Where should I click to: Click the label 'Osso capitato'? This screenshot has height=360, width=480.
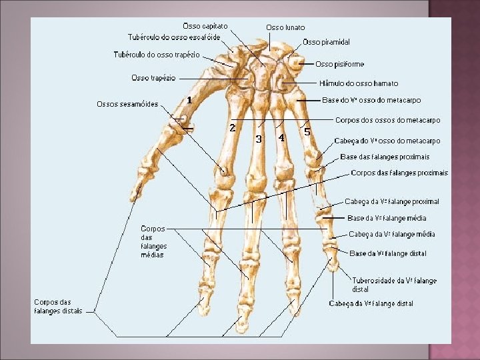click(205, 25)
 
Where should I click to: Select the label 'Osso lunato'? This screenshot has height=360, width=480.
click(285, 27)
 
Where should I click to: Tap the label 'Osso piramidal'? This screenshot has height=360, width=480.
click(326, 42)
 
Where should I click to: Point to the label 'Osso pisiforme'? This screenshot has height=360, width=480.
click(339, 64)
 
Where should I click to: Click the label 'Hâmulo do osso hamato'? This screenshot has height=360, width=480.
click(359, 83)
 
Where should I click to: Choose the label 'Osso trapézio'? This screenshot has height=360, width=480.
click(153, 78)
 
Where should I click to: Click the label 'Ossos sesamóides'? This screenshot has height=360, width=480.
click(127, 104)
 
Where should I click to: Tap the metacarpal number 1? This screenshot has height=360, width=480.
click(189, 99)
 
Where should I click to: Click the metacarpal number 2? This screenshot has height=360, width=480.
click(231, 127)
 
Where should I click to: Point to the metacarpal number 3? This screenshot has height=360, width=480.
click(258, 139)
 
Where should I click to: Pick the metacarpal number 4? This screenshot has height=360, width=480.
click(282, 137)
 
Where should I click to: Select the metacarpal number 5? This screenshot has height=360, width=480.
click(307, 132)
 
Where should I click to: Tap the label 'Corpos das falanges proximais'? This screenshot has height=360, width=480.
click(399, 173)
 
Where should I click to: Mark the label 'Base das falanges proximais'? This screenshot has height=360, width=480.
click(385, 157)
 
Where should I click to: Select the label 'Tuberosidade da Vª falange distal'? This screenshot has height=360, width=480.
click(394, 285)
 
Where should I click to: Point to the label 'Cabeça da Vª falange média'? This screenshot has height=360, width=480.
click(392, 234)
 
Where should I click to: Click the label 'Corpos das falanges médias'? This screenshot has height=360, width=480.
click(153, 241)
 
